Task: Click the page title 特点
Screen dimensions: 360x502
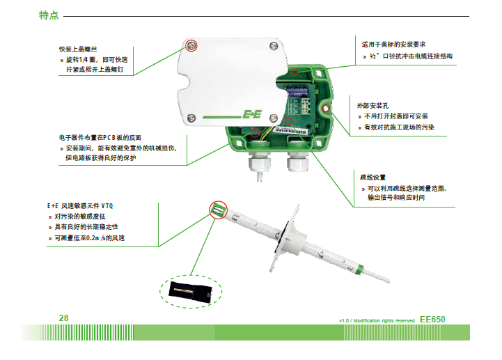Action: (x=48, y=15)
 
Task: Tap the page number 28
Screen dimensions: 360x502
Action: (x=63, y=318)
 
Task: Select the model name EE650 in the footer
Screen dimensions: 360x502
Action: (x=432, y=319)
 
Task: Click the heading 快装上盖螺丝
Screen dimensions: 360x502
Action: (x=83, y=50)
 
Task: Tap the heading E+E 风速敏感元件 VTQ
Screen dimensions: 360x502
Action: (x=83, y=207)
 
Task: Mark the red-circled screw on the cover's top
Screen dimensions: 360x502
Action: (x=192, y=46)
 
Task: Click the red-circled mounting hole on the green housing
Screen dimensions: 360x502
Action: (x=327, y=109)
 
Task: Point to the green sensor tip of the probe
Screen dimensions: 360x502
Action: (x=218, y=209)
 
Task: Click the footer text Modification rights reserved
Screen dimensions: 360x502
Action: (x=382, y=320)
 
